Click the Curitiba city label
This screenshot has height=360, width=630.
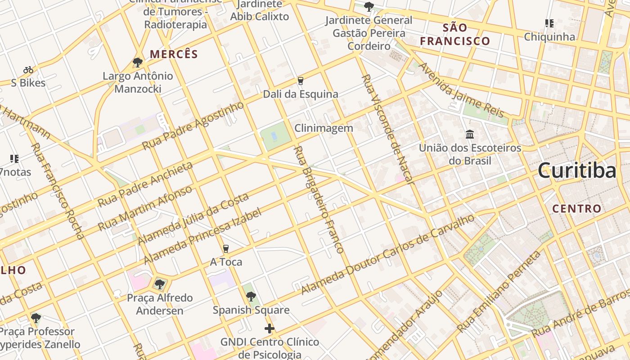577,171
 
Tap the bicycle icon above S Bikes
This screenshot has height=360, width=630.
28,70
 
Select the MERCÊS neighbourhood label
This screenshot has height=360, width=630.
174,54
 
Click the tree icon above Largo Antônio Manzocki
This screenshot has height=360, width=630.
138,63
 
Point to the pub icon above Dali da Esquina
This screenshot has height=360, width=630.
301,81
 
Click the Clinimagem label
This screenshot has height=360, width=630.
324,128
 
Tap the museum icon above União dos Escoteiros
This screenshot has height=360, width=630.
470,134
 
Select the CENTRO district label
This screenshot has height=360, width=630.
576,209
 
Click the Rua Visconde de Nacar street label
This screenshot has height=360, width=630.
387,130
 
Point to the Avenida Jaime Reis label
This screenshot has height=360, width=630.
462,90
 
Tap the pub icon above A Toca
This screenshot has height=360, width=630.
226,249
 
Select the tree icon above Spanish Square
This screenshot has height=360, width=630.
251,297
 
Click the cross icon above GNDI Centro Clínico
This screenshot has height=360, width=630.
270,329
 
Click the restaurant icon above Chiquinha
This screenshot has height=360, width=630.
549,23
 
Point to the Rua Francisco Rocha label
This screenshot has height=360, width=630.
57,190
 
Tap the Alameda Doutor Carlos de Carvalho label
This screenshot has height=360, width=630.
388,254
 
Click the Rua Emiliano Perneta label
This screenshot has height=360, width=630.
499,292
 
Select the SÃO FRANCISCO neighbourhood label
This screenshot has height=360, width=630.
454,35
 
